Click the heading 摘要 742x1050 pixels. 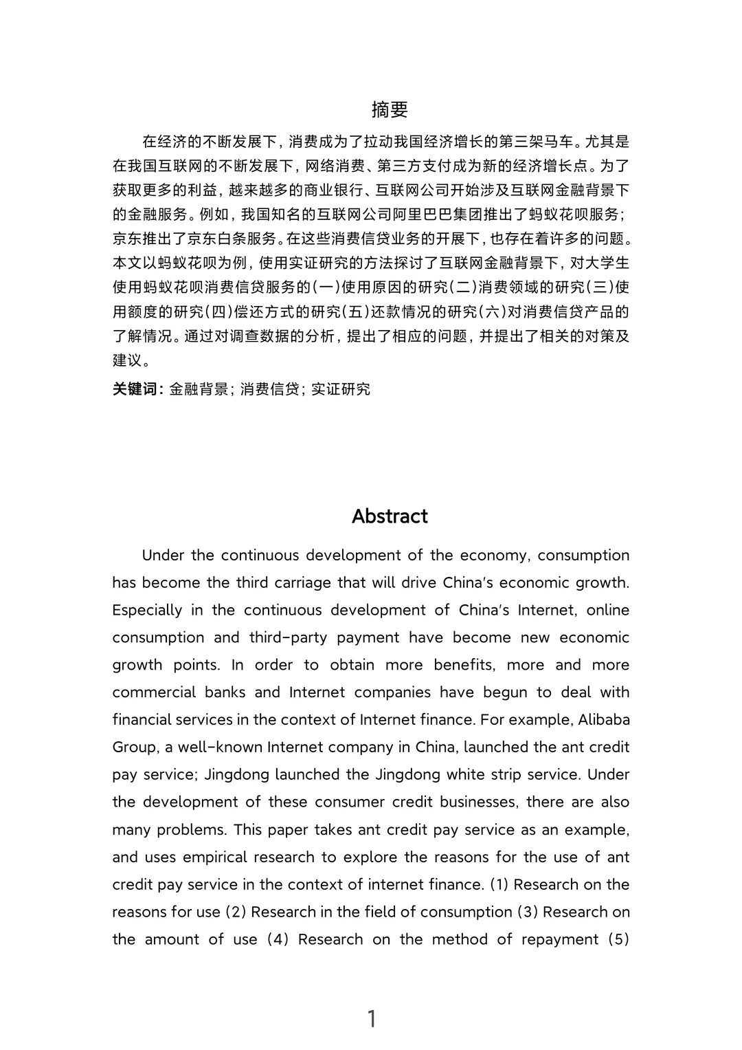tap(390, 109)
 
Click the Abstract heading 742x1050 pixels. tap(390, 516)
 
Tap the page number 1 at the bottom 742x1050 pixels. tap(372, 1019)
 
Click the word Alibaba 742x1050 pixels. tap(604, 720)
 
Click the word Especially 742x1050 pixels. tap(147, 610)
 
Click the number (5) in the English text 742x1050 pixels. tap(618, 939)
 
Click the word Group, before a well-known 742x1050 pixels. tap(136, 747)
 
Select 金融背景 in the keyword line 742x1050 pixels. tap(199, 389)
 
